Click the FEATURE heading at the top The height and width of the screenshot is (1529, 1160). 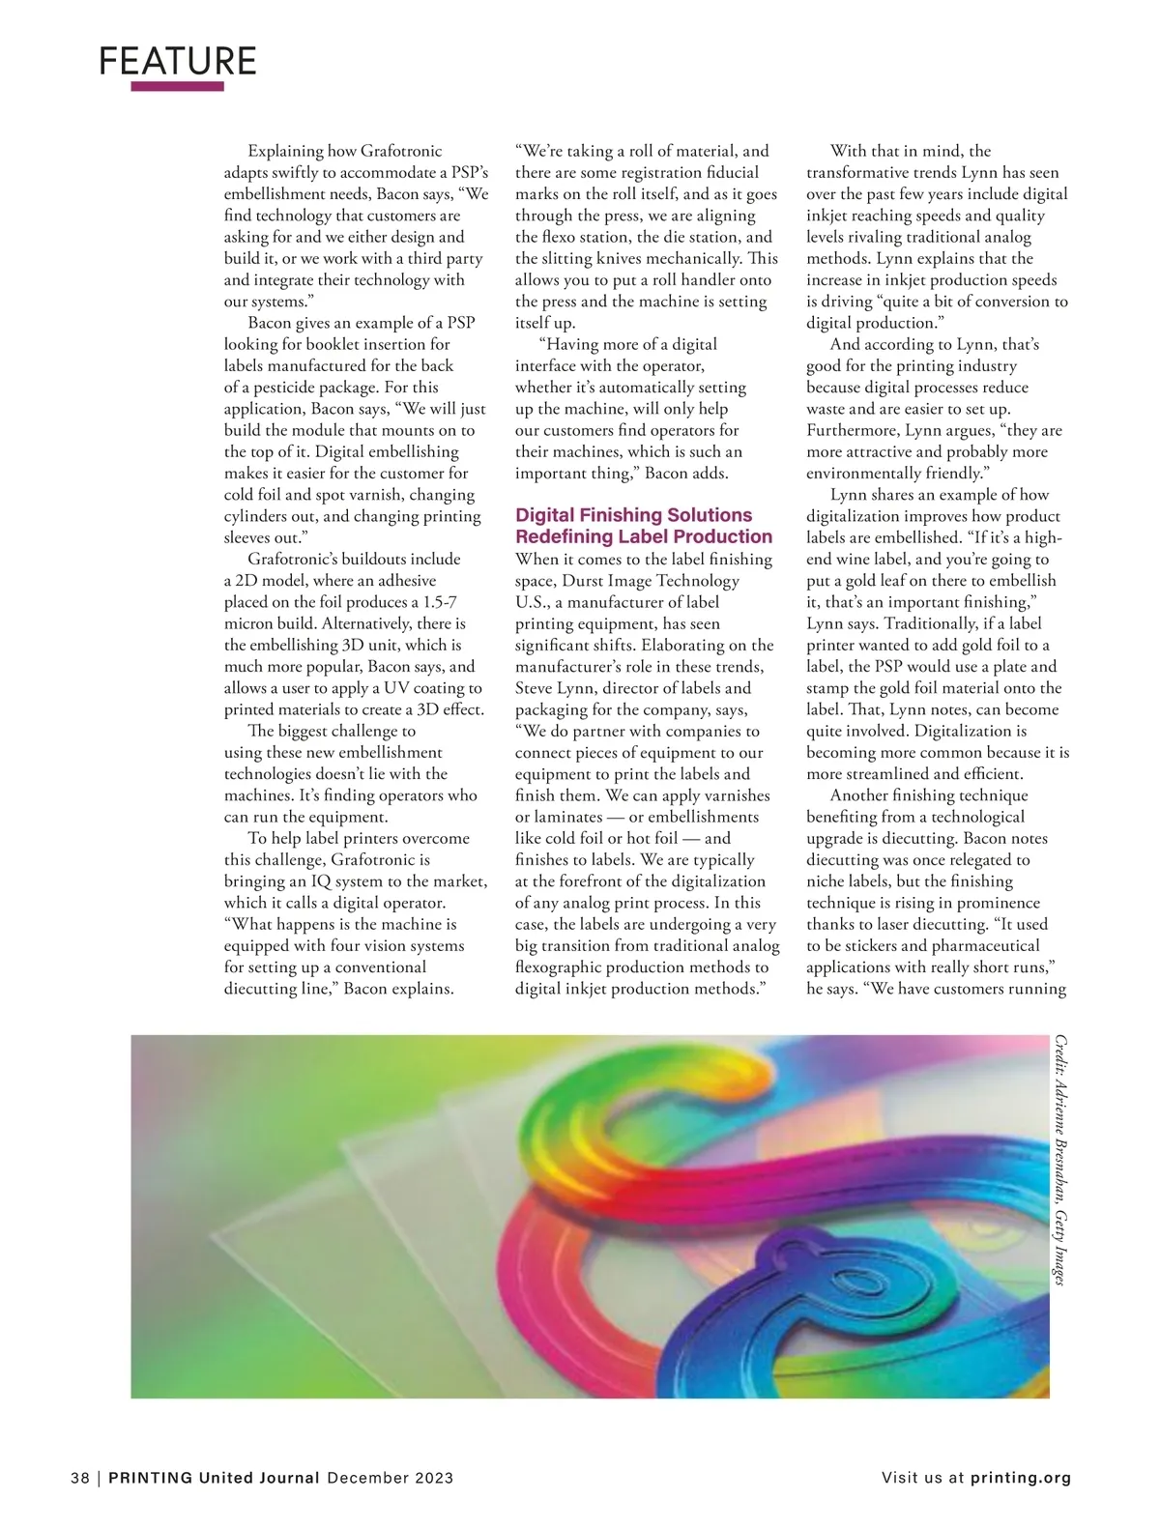tap(178, 61)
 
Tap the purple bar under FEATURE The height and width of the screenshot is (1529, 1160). tap(177, 86)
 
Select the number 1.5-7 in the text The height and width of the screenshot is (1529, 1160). tap(441, 602)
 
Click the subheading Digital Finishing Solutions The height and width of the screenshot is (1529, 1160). tap(633, 515)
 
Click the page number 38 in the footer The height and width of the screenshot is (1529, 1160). tap(80, 1478)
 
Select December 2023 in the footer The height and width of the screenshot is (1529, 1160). tap(391, 1478)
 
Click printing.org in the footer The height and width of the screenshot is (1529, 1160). tap(1021, 1478)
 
